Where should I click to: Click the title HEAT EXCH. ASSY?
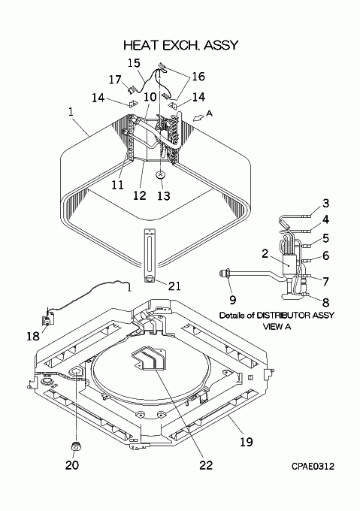point(181,45)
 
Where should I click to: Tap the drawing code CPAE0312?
point(313,467)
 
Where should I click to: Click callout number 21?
point(174,286)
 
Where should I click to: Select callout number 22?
point(206,465)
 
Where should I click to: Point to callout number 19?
point(247,442)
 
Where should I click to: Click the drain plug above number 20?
point(77,448)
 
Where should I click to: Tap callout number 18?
point(33,336)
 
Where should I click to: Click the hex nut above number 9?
point(225,274)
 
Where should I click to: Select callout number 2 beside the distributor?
point(265,253)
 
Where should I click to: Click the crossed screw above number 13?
point(160,175)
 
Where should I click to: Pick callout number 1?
point(71,112)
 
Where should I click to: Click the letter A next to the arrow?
point(210,113)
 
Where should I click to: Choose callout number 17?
point(115,80)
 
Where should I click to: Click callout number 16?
point(198,76)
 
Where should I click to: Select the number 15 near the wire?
point(134,63)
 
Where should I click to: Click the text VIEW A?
point(277,326)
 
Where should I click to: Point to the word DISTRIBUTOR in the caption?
point(282,316)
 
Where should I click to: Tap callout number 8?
point(325,302)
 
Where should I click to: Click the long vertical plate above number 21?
point(150,255)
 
